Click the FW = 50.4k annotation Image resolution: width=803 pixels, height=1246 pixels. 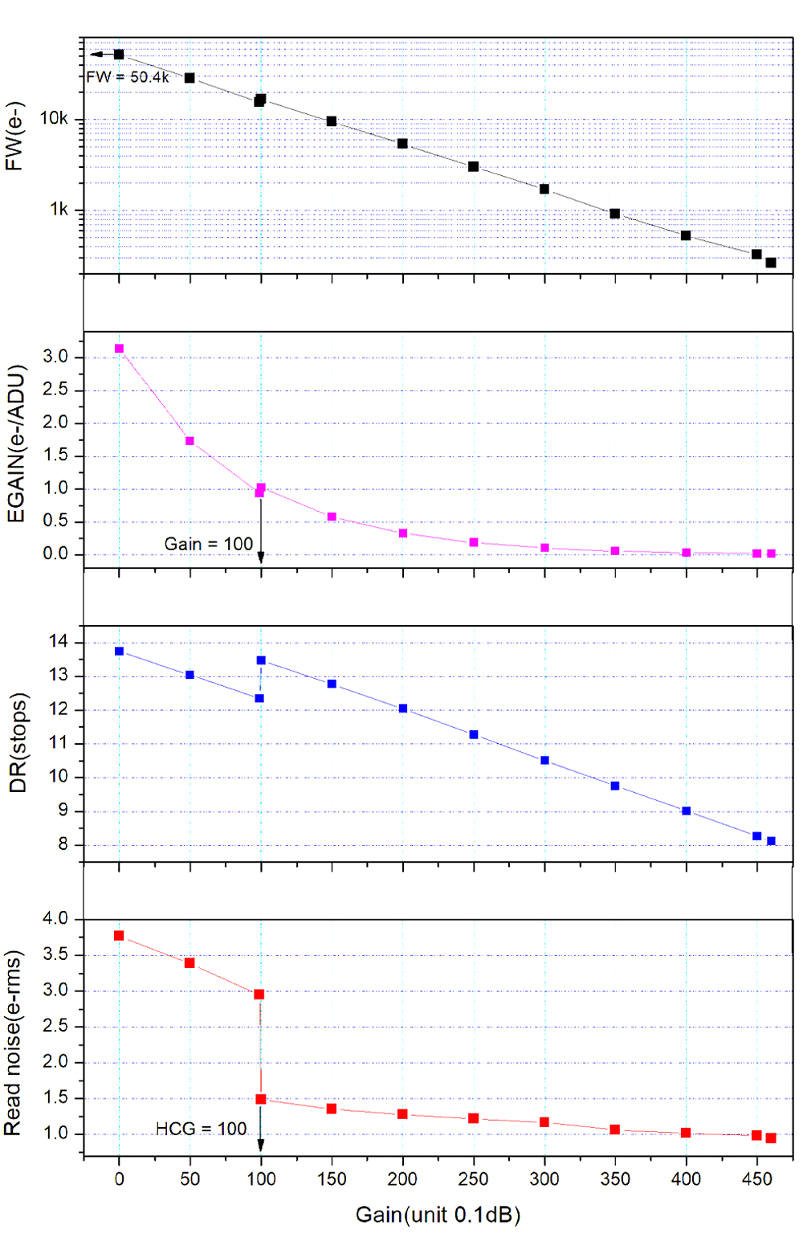(128, 78)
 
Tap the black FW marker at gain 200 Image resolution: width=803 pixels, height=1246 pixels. (402, 144)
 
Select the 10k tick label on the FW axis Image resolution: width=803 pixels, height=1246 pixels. (55, 119)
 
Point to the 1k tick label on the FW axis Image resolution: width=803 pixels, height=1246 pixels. (59, 210)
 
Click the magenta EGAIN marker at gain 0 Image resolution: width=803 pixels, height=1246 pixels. (119, 349)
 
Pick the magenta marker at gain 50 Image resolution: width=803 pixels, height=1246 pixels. (190, 441)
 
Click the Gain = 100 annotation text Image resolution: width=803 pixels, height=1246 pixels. (209, 544)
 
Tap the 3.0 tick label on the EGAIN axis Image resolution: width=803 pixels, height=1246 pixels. (55, 357)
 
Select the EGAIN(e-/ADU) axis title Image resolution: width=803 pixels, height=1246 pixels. (17, 444)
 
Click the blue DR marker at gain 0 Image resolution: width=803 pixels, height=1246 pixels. (119, 652)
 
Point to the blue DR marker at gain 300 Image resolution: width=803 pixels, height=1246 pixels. (544, 760)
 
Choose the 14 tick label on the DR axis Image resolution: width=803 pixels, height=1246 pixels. (59, 642)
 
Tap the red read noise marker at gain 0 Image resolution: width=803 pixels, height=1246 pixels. (119, 936)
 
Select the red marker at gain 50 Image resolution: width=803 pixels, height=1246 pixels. (190, 962)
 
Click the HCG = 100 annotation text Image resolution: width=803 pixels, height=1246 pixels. (201, 1129)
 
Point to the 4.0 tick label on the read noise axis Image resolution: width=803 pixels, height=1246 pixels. (55, 918)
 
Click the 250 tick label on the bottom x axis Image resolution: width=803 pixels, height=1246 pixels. (473, 1179)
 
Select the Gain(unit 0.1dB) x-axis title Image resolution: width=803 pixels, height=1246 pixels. (438, 1215)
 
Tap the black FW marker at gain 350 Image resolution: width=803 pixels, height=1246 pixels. (615, 214)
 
